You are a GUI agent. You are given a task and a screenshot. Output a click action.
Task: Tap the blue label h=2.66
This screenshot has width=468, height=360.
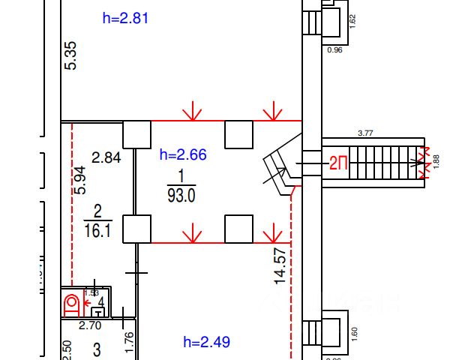(183, 155)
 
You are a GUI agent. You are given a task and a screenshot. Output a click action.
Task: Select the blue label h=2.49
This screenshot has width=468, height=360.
(206, 343)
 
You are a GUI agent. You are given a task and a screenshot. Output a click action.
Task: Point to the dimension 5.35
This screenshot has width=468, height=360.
(72, 55)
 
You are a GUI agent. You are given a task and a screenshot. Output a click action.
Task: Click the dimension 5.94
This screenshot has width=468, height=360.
(80, 180)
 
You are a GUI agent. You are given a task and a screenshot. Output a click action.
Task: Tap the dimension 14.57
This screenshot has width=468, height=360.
(280, 266)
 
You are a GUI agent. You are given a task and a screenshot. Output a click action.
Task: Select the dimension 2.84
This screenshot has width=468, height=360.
(106, 157)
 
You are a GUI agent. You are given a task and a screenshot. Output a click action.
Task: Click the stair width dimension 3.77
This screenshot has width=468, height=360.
(365, 133)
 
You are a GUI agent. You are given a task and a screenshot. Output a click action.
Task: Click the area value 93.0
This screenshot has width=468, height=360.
(181, 196)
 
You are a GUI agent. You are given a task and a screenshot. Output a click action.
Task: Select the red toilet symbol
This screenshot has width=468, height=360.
(72, 304)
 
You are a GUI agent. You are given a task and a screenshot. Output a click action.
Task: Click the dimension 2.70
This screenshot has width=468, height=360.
(90, 326)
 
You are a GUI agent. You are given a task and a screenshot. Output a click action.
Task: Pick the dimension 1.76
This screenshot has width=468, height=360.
(128, 342)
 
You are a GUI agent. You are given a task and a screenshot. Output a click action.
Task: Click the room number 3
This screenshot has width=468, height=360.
(96, 349)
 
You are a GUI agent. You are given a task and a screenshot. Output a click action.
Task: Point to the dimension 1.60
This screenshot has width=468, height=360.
(354, 332)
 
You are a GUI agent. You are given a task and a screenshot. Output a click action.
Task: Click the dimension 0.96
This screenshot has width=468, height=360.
(334, 50)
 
